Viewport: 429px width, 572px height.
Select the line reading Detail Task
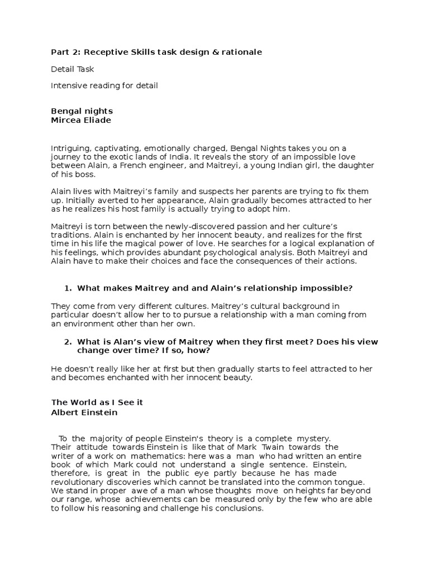(x=72, y=69)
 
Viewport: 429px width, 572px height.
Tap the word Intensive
(x=70, y=85)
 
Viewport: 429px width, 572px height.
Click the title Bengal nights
(x=82, y=111)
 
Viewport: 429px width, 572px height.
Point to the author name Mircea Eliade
(x=81, y=120)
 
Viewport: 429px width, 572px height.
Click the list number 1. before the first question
(x=68, y=288)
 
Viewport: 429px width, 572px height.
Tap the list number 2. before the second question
(x=68, y=341)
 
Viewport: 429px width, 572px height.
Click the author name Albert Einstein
(x=84, y=413)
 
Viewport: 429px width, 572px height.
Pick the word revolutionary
(x=79, y=482)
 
